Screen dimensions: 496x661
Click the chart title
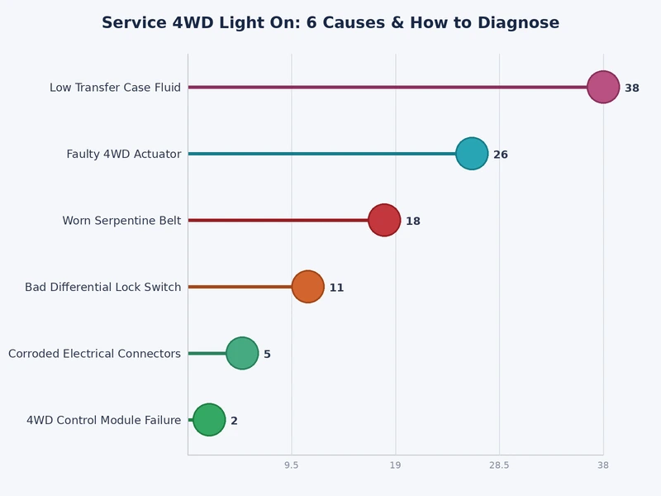coord(330,23)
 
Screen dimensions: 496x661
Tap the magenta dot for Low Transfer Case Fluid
coord(603,87)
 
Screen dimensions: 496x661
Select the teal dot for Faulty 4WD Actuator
coord(472,154)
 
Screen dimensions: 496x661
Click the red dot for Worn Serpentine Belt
coord(384,221)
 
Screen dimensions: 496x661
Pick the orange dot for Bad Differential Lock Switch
coord(307,287)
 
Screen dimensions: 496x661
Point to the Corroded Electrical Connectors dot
coord(242,354)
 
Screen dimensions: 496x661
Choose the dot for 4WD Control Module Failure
coord(209,420)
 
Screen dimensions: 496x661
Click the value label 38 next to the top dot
coord(632,88)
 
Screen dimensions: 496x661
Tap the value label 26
coord(501,155)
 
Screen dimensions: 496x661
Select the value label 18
coord(413,222)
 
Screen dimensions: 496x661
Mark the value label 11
coord(336,288)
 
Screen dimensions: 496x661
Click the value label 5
coord(267,355)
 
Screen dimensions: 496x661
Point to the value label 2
coord(234,421)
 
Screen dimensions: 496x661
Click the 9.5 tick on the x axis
coord(292,466)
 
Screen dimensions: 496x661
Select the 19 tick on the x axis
coord(395,466)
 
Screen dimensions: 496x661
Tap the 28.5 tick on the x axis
coord(499,466)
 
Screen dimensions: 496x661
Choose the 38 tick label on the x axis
coord(603,466)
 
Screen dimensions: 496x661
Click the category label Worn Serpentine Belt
coord(121,221)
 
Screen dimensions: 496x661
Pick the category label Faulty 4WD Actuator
coord(124,154)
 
